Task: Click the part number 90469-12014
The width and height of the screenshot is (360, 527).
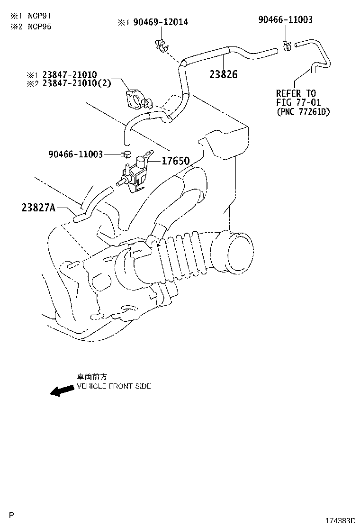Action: [x=160, y=22]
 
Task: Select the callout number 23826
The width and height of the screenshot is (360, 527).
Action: [x=223, y=74]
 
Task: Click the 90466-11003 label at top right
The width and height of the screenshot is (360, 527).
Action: [x=285, y=19]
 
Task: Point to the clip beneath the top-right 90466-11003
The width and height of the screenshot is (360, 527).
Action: [x=287, y=45]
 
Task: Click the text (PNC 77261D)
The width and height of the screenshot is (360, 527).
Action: [x=303, y=112]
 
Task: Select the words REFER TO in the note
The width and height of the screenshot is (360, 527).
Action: [x=296, y=93]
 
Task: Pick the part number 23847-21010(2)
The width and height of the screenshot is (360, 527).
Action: [x=76, y=83]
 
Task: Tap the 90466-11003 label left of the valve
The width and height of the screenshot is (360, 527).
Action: [x=75, y=154]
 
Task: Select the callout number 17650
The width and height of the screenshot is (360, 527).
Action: [x=175, y=161]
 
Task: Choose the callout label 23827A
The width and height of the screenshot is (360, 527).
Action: [x=38, y=207]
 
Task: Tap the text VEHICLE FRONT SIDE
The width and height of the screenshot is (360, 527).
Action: [x=114, y=386]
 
